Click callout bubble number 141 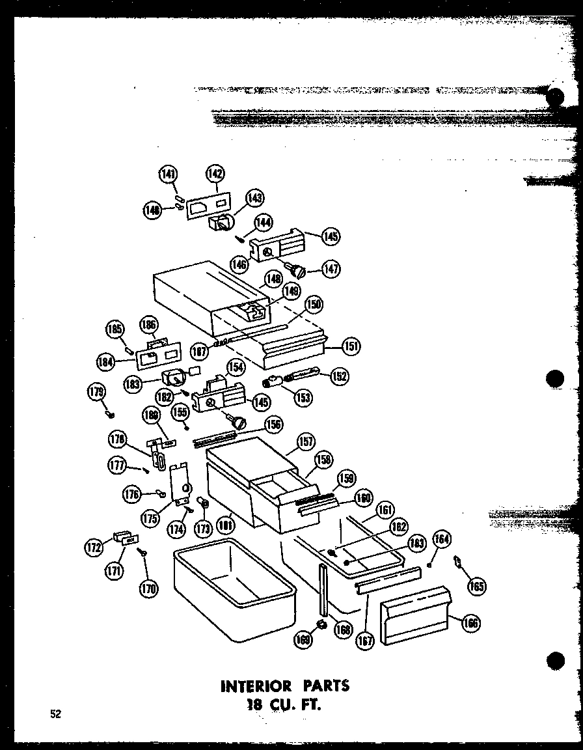pos(168,174)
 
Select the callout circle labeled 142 pos(215,174)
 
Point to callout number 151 pos(351,346)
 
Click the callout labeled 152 pos(338,376)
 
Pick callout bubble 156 pos(274,424)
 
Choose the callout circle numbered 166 pos(470,623)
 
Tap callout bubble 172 pos(95,548)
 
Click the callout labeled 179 pos(96,391)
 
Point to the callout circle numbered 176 pos(132,494)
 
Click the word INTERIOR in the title pos(257,686)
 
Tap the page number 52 pos(56,714)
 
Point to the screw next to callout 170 pos(142,552)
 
